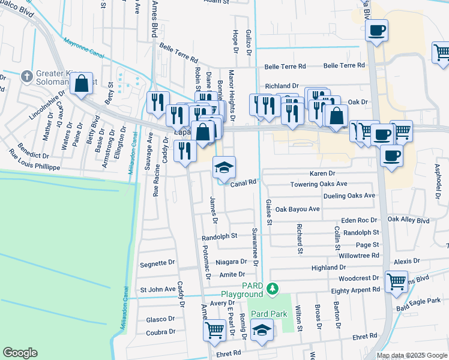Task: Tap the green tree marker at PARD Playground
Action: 273,289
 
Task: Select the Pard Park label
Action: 267,313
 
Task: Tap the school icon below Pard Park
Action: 261,330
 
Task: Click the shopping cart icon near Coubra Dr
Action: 214,329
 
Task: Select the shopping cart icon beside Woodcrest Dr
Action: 397,281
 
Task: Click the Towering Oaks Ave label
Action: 319,184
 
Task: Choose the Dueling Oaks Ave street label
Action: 349,196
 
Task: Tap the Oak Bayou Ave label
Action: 298,209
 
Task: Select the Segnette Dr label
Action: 157,263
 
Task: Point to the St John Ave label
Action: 158,290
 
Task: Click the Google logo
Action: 20,353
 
